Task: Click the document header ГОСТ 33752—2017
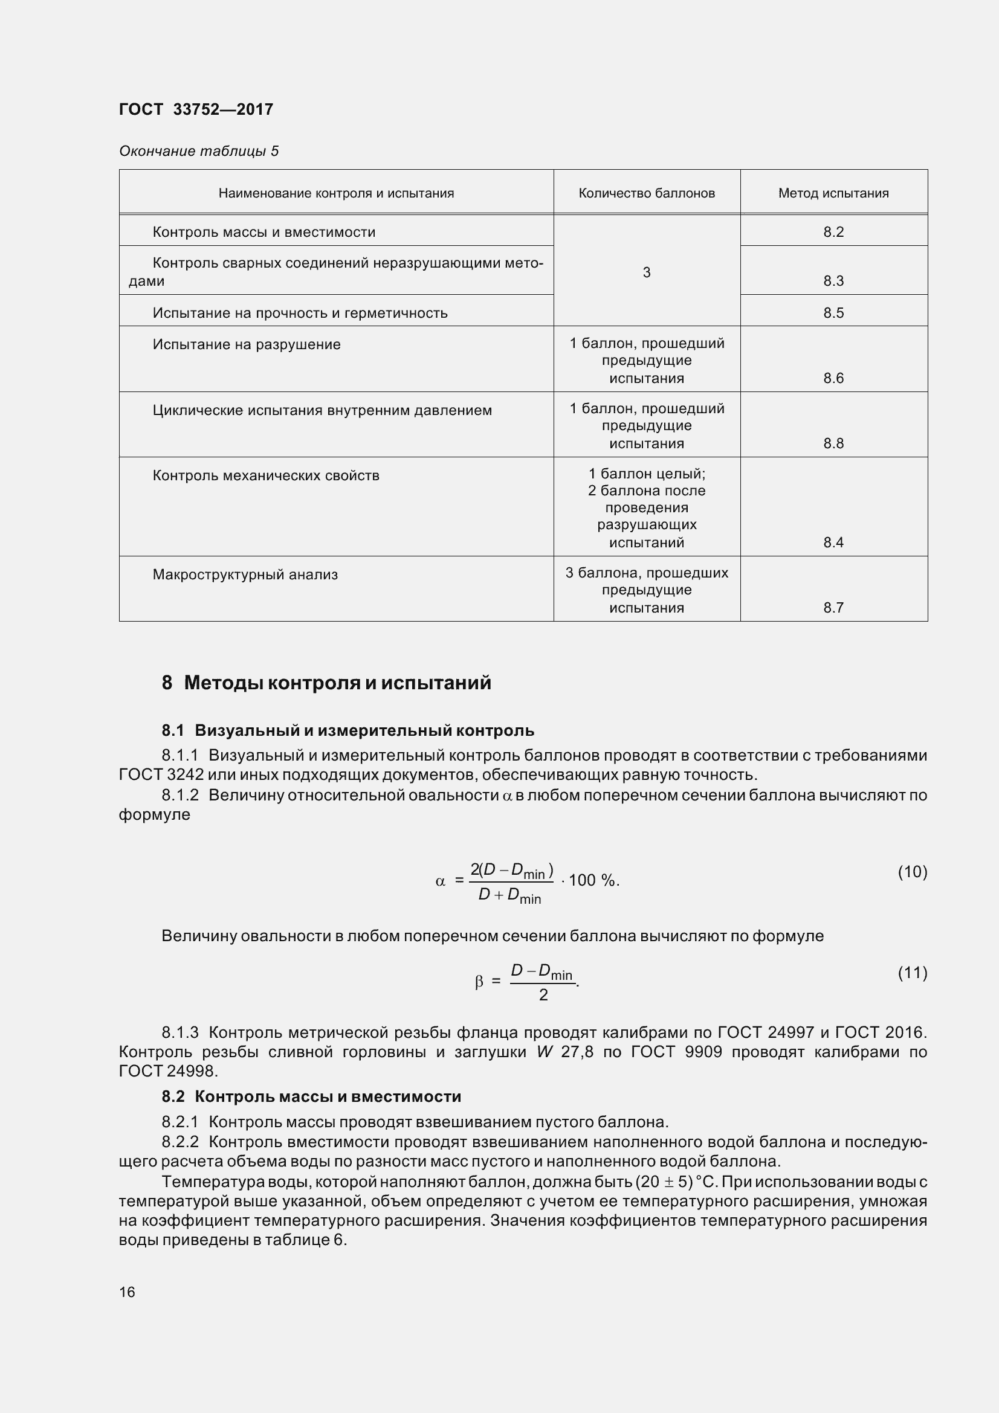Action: coord(196,109)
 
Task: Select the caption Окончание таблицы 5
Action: coord(199,151)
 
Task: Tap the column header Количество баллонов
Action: coord(646,193)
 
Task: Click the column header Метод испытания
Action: coord(833,193)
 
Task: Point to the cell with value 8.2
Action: coord(833,232)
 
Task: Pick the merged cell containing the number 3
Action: coord(646,272)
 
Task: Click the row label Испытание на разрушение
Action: coord(246,344)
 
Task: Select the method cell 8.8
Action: coord(833,443)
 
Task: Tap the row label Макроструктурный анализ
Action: coord(245,574)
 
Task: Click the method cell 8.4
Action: coord(833,542)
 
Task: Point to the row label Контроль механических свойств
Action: coord(266,475)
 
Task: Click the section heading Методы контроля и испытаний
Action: coord(337,683)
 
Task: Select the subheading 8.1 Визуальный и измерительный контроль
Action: coord(348,730)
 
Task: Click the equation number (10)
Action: coord(912,872)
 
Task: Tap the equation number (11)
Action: coord(912,973)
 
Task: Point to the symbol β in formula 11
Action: coord(479,982)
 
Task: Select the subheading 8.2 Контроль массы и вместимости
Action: coord(311,1096)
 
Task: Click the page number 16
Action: coord(127,1292)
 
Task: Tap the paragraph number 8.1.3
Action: coord(180,1031)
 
